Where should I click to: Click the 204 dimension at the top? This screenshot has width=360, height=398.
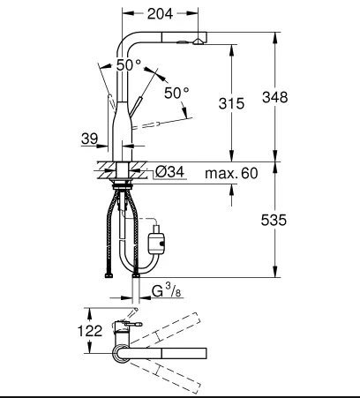[160, 13]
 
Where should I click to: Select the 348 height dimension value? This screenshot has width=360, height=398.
[275, 97]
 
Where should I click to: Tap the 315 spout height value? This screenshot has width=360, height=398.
[231, 103]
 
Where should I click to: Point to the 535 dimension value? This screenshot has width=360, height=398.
[274, 220]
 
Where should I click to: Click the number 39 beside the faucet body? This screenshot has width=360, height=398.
[89, 139]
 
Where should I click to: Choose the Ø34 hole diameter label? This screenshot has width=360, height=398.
[169, 172]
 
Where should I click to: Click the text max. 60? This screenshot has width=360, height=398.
[231, 173]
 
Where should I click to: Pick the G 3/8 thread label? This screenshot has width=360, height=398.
[167, 290]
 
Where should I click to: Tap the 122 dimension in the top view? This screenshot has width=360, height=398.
[90, 331]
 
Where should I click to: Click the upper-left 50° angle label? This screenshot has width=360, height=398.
[129, 65]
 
